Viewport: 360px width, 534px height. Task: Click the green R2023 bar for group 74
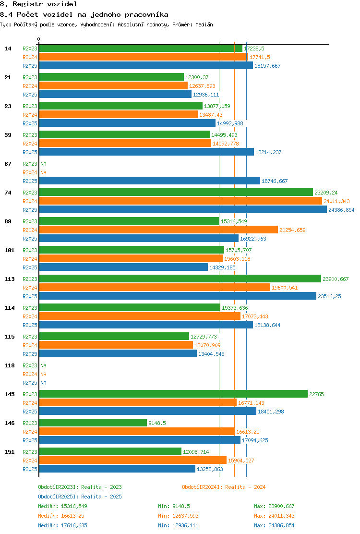(x=176, y=193)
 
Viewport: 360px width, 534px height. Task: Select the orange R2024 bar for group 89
(x=158, y=230)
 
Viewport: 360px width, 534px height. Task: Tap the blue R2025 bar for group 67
(x=150, y=181)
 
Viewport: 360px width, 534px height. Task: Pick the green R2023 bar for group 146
(x=93, y=423)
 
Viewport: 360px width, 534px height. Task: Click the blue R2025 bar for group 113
(x=178, y=296)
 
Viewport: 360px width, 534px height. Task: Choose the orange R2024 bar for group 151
(x=132, y=461)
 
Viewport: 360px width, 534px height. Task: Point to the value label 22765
(x=316, y=394)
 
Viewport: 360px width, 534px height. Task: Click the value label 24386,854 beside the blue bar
(x=341, y=210)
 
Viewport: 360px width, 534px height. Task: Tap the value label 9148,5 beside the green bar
(x=157, y=424)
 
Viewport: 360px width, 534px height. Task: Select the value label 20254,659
(x=292, y=230)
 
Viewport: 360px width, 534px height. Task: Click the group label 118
(x=10, y=365)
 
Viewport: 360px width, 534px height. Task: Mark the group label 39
(x=8, y=135)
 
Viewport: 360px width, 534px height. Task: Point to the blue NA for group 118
(x=44, y=383)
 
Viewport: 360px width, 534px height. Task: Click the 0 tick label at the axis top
(x=38, y=39)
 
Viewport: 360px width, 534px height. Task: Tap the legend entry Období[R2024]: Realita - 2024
(x=224, y=487)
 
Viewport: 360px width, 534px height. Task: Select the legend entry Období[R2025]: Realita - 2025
(x=80, y=497)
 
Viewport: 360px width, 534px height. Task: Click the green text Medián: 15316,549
(x=62, y=507)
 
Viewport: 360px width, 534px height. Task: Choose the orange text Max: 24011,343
(x=274, y=516)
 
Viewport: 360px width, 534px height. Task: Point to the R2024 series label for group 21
(x=30, y=86)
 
